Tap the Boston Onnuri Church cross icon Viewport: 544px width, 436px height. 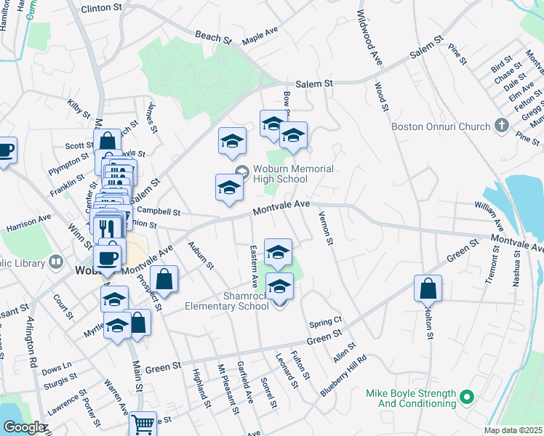click(501, 126)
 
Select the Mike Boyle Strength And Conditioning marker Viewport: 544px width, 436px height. click(468, 398)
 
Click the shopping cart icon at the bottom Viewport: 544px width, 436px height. click(143, 424)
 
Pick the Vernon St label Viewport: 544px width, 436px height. click(326, 227)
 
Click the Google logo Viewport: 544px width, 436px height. click(23, 428)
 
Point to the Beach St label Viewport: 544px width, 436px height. click(212, 35)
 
